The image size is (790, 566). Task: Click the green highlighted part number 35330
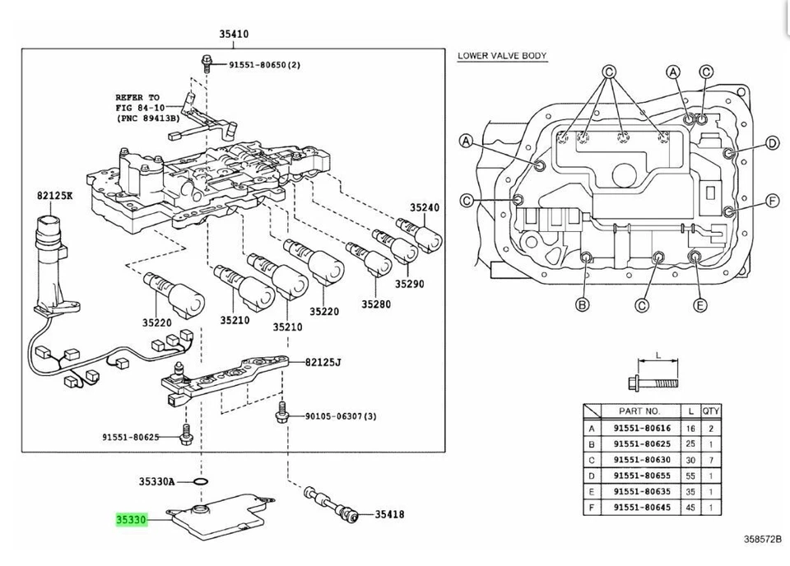pyautogui.click(x=130, y=520)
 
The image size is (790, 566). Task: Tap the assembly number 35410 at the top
pyautogui.click(x=234, y=35)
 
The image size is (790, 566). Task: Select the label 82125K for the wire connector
pyautogui.click(x=53, y=197)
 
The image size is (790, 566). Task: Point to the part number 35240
pyautogui.click(x=425, y=208)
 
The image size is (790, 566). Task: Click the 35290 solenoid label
pyautogui.click(x=408, y=284)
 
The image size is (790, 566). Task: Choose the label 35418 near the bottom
pyautogui.click(x=389, y=515)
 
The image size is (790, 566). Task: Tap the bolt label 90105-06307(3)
pyautogui.click(x=335, y=416)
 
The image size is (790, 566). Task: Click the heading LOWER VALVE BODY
pyautogui.click(x=502, y=56)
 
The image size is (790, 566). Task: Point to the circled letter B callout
pyautogui.click(x=583, y=305)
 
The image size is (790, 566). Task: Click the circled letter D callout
pyautogui.click(x=772, y=144)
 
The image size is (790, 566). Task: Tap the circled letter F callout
pyautogui.click(x=772, y=202)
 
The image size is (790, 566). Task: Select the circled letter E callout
pyautogui.click(x=700, y=305)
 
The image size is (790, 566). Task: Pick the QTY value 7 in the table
pyautogui.click(x=712, y=460)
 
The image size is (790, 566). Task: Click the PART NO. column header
pyautogui.click(x=641, y=411)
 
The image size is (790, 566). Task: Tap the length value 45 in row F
pyautogui.click(x=691, y=508)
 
